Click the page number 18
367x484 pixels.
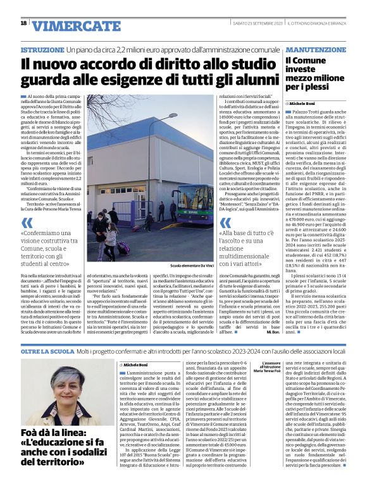pos(23,23)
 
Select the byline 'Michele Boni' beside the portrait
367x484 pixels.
pos(135,365)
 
